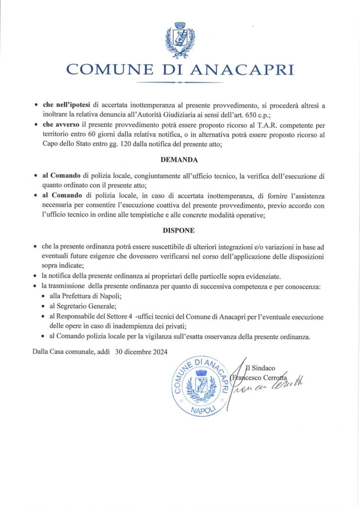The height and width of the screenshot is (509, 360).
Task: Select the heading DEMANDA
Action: (x=180, y=161)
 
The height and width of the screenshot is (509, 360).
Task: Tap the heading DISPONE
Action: (x=180, y=231)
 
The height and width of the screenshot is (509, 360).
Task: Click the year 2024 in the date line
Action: (x=157, y=351)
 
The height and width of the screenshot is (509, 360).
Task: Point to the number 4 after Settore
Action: (x=129, y=317)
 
